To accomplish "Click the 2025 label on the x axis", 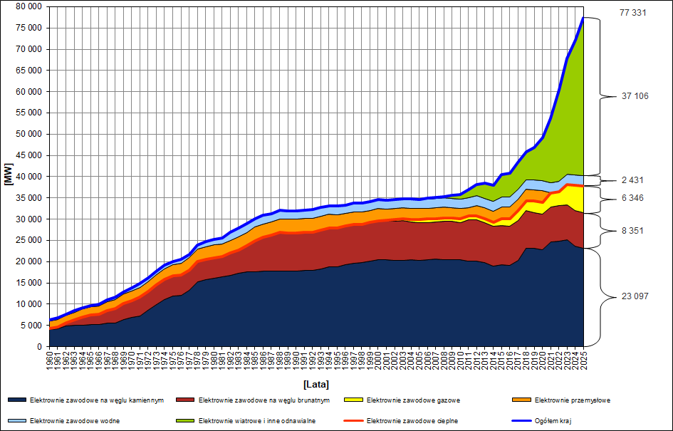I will pos(583,360).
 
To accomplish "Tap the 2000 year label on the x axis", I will pos(378,360).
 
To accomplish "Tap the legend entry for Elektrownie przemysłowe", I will pos(570,400).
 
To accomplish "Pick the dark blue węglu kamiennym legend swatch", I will pos(17,400).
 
